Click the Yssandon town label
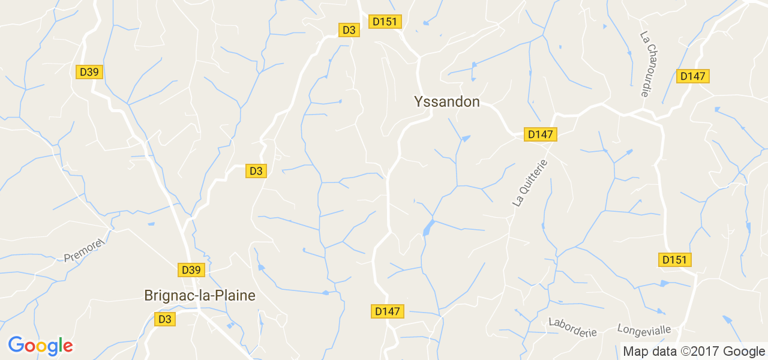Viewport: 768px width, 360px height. [447, 102]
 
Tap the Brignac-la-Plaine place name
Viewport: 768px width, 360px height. [200, 296]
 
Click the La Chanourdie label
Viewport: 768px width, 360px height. [650, 64]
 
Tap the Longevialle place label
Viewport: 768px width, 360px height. [644, 330]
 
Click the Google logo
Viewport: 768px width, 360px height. [40, 346]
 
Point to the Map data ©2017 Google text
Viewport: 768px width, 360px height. [693, 352]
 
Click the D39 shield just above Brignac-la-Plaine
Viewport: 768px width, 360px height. [191, 270]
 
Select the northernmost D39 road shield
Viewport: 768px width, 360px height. [89, 72]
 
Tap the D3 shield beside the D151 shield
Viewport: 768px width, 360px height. [349, 30]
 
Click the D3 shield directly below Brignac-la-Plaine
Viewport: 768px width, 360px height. [165, 319]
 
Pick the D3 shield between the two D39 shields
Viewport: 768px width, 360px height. [256, 171]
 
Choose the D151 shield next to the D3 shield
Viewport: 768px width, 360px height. [385, 22]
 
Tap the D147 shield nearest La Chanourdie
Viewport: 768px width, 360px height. [693, 76]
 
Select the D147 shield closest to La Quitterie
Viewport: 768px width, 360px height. [541, 134]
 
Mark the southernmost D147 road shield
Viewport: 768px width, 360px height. [387, 311]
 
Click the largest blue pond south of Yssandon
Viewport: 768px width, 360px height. [428, 227]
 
